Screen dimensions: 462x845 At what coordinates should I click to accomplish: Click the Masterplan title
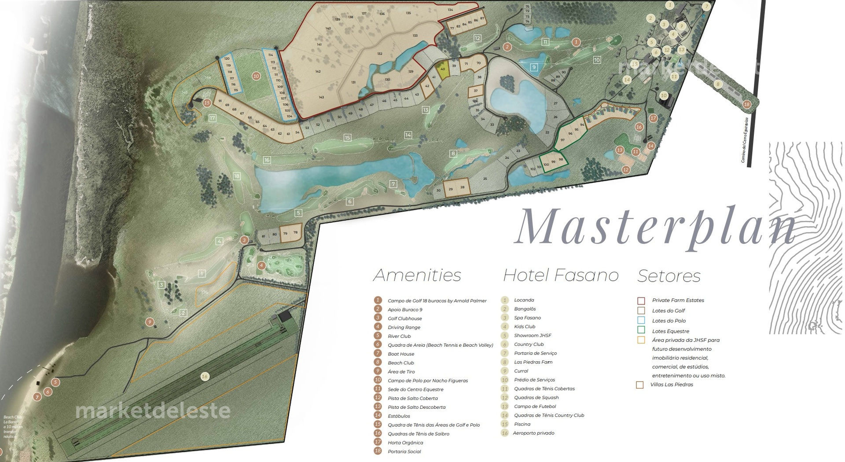pos(656,226)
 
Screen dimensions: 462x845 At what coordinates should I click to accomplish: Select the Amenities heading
pos(417,275)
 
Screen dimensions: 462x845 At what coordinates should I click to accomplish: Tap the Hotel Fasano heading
pos(561,275)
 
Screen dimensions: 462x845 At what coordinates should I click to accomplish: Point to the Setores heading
pos(669,276)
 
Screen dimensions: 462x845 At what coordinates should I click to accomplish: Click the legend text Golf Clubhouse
pos(404,319)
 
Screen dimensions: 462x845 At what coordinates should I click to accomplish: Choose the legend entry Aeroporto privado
pos(533,433)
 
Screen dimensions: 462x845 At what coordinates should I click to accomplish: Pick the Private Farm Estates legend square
pos(641,301)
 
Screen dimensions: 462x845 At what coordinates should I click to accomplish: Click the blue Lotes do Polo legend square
pos(641,320)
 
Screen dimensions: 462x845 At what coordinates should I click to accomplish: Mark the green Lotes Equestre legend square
pos(641,330)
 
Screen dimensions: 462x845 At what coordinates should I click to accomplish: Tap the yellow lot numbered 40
pos(443,70)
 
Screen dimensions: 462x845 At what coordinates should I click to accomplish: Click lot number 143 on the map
pos(321,97)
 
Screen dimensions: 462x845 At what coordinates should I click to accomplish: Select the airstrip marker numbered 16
pos(204,376)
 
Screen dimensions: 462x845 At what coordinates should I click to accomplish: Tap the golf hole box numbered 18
pos(237,176)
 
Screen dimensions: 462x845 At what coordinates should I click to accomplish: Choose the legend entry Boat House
pos(400,354)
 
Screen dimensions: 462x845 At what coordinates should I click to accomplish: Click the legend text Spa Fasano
pos(527,318)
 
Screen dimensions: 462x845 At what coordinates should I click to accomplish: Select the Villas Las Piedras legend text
pos(672,385)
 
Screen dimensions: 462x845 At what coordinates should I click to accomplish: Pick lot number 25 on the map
pos(485,179)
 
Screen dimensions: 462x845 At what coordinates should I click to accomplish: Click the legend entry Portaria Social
pos(404,451)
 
